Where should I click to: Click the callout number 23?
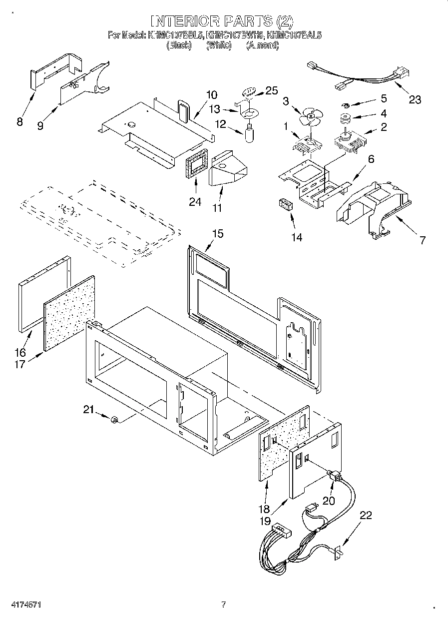point(415,99)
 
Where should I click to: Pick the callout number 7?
point(423,241)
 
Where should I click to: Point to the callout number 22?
point(366,515)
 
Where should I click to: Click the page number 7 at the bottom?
point(223,605)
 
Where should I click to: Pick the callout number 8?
point(19,121)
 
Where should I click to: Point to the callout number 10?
point(211,94)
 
